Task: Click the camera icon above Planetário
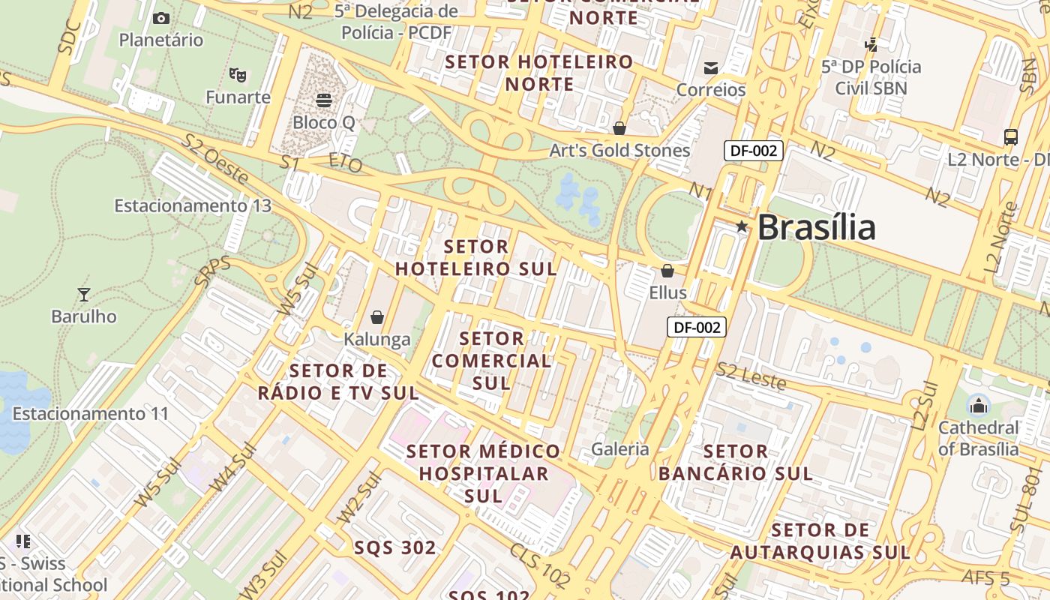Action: [x=160, y=18]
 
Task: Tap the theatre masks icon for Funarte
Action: [x=238, y=74]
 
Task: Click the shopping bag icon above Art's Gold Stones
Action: [x=619, y=128]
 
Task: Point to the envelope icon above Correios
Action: [x=710, y=68]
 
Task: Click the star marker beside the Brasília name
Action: [x=741, y=226]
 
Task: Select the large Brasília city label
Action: [x=816, y=227]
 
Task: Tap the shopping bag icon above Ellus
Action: [x=667, y=271]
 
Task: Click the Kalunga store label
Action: [x=377, y=340]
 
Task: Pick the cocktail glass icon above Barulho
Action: [x=84, y=294]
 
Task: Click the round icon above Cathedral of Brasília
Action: [x=978, y=406]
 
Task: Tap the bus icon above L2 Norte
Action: [x=1011, y=137]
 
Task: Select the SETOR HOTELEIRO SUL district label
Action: [x=476, y=257]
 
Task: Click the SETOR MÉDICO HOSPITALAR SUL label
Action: [x=484, y=473]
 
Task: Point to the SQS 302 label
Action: [x=395, y=548]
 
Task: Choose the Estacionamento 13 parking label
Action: [x=192, y=205]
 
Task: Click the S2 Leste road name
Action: [x=751, y=376]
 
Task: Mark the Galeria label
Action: [x=620, y=449]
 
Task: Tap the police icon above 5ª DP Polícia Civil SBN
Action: [x=871, y=44]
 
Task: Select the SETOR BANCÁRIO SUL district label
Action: [x=736, y=463]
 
